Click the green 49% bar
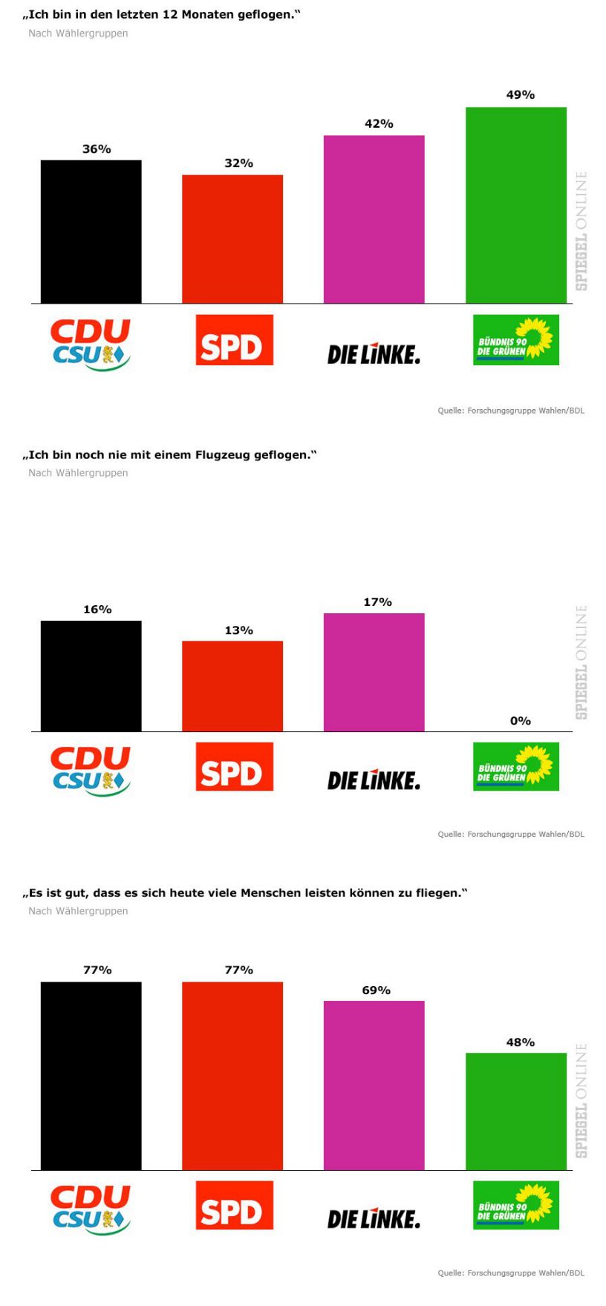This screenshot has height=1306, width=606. pyautogui.click(x=515, y=205)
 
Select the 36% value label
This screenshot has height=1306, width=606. pyautogui.click(x=97, y=149)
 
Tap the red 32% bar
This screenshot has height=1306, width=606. pyautogui.click(x=232, y=239)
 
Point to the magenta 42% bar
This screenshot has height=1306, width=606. pyautogui.click(x=374, y=219)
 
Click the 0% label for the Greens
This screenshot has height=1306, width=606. pyautogui.click(x=520, y=721)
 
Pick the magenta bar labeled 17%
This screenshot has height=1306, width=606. pyautogui.click(x=374, y=672)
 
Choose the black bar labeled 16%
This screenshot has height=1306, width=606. pyautogui.click(x=91, y=676)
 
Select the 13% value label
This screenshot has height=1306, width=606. pyautogui.click(x=238, y=630)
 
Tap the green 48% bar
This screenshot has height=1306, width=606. pyautogui.click(x=515, y=1111)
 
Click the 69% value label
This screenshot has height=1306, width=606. pyautogui.click(x=376, y=990)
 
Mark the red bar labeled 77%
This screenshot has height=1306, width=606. pyautogui.click(x=232, y=1076)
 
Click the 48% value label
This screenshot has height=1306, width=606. pyautogui.click(x=520, y=1042)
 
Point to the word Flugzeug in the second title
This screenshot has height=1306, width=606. pyautogui.click(x=222, y=454)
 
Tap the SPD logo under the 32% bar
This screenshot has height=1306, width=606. pyautogui.click(x=234, y=340)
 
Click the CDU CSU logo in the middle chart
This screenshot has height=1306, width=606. pyautogui.click(x=91, y=771)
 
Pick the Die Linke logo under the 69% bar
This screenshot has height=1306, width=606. pyautogui.click(x=374, y=1218)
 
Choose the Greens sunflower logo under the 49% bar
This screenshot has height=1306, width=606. pyautogui.click(x=515, y=341)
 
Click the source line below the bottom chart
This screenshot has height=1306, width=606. pyautogui.click(x=510, y=1273)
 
